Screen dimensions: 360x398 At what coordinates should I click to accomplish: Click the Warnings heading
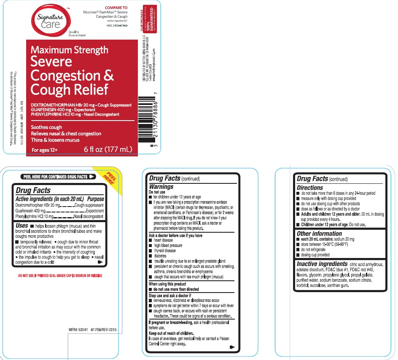(x=161, y=186)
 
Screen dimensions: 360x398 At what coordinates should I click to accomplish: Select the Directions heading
(x=310, y=188)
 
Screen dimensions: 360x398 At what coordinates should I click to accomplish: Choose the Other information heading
(x=319, y=234)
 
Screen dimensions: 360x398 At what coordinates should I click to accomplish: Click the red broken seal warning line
(x=59, y=276)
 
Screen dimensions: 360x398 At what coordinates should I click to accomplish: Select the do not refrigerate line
(x=313, y=250)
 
